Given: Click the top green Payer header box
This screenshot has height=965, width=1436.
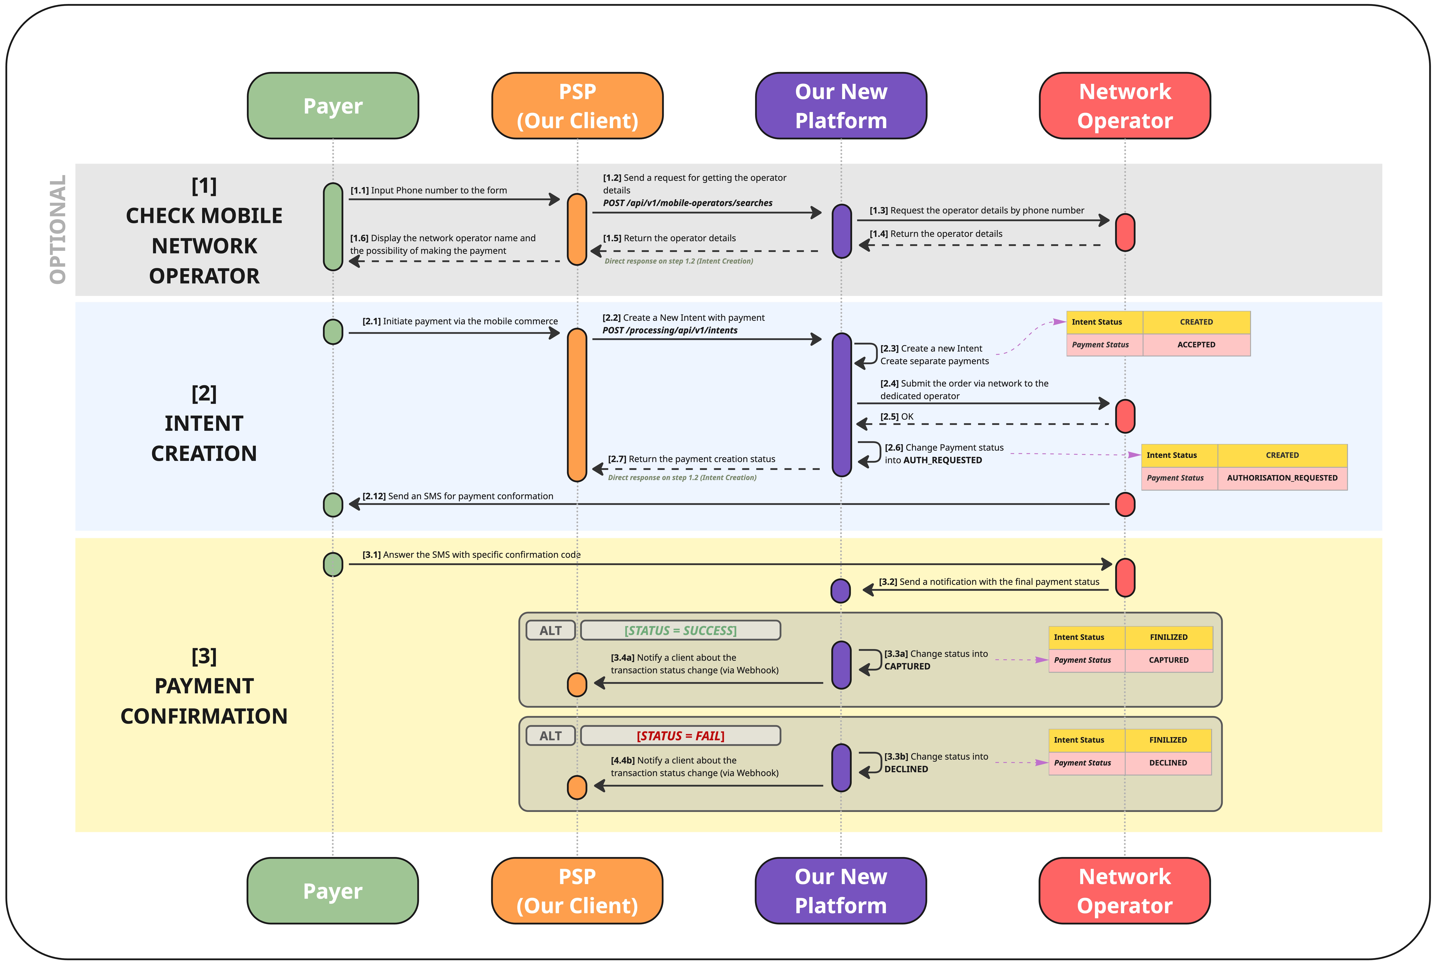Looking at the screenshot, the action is [x=333, y=106].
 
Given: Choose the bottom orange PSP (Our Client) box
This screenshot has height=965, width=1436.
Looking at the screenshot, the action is [x=577, y=890].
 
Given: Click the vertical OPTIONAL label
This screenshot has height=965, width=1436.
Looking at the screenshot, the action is [x=58, y=230].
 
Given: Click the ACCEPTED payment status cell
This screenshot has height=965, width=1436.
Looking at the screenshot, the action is [x=1196, y=345].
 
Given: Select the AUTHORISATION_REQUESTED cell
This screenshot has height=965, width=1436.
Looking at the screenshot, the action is [x=1282, y=478].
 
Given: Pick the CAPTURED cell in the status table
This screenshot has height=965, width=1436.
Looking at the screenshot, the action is [x=1168, y=660].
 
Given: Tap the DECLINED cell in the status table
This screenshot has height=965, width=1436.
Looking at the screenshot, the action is [x=1168, y=762].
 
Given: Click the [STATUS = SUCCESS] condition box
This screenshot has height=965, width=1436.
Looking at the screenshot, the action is [x=680, y=630].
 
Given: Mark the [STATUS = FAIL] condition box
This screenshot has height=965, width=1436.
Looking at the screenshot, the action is [x=680, y=735].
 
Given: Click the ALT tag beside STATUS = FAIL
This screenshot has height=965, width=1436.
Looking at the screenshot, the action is [x=551, y=735].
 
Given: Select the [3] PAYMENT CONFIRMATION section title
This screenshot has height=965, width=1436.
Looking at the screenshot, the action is [x=204, y=686].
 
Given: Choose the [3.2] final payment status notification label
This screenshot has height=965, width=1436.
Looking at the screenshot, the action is [x=989, y=582].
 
